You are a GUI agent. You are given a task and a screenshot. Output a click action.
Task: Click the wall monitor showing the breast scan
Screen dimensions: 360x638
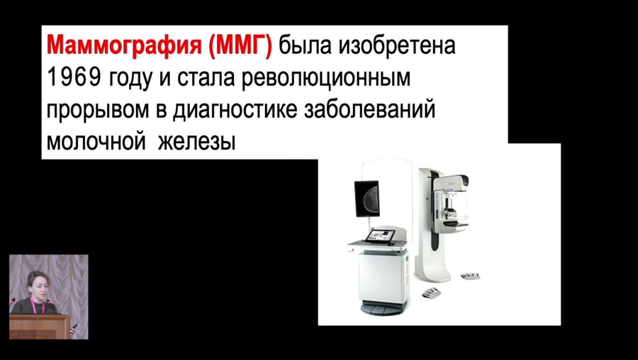[x=366, y=201]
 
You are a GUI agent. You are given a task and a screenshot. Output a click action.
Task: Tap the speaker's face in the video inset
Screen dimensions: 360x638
[x=36, y=281]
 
